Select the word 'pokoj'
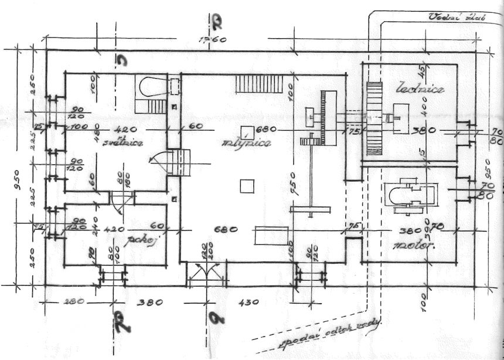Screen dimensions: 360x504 pos(136,242)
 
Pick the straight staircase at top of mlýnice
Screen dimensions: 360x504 pos(258,84)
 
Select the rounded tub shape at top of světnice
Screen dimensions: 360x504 pos(150,86)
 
